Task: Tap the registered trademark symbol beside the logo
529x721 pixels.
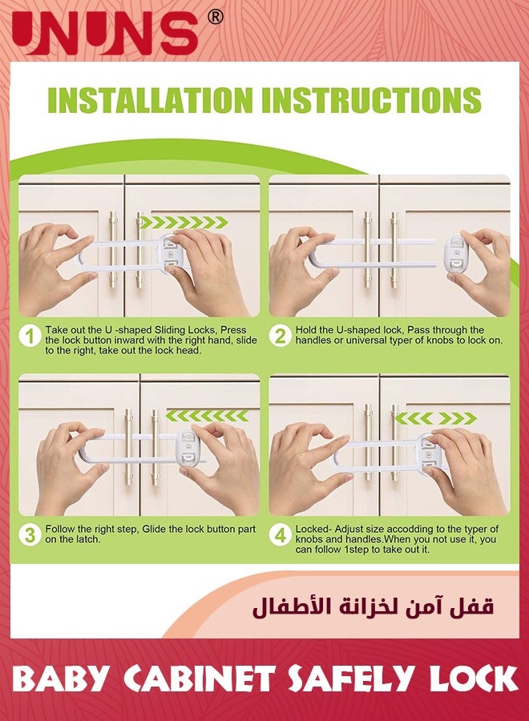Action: click(x=215, y=17)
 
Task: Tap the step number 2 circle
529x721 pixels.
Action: click(x=280, y=335)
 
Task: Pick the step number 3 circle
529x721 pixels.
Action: click(x=29, y=534)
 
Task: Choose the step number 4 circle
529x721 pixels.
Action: click(x=280, y=534)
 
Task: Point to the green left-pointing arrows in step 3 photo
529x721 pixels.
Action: click(x=207, y=415)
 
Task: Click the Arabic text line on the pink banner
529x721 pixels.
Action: click(x=373, y=606)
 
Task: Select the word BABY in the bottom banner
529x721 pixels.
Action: click(x=61, y=680)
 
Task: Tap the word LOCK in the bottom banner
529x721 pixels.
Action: click(x=472, y=680)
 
